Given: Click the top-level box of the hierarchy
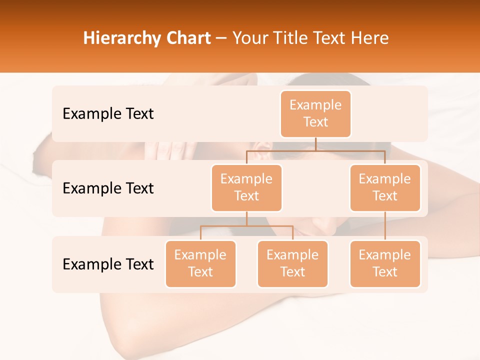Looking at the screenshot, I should pos(315,113).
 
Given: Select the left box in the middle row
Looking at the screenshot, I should pos(246,187).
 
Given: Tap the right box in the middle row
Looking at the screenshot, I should pos(385,187).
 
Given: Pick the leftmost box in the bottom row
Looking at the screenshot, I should pos(200,263).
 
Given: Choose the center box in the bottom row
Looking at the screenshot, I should pos(292,263).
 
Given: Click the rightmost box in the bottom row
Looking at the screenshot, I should pos(385,263).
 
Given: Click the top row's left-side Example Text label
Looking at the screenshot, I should pos(108,114).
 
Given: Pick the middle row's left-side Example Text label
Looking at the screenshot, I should pos(108,188).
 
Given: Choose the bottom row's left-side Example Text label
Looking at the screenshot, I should pos(108,264).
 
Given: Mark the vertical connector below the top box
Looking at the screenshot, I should pos(315,144).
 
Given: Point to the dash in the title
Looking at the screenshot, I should pos(221,38).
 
